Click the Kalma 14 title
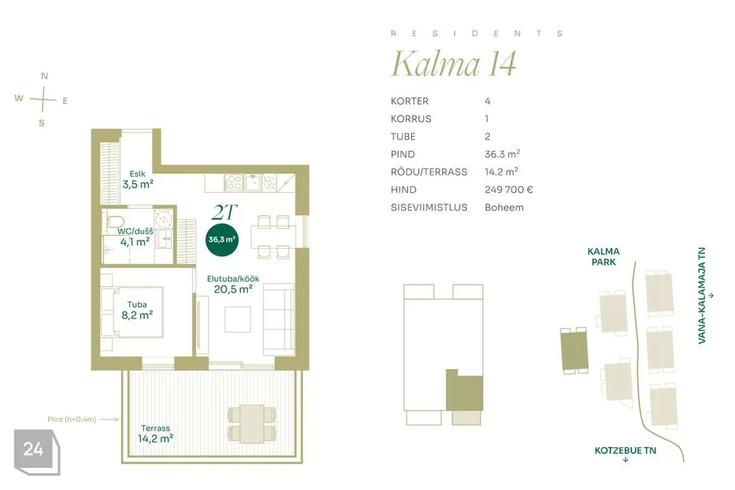point(454,64)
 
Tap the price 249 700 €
point(508,189)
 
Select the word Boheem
point(504,207)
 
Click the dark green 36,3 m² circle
point(222,239)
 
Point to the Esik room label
point(138,174)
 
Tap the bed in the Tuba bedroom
point(132,312)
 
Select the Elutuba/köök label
point(233,279)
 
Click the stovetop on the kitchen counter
point(234,183)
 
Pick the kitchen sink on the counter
point(253,183)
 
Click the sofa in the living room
point(279,320)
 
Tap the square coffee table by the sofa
point(237,319)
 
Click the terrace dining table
point(252,424)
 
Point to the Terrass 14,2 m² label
point(155,434)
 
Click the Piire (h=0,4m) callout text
point(72,420)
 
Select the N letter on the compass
point(44,76)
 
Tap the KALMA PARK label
point(604,256)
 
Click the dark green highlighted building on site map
point(574,350)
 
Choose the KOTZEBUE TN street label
point(626,451)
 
